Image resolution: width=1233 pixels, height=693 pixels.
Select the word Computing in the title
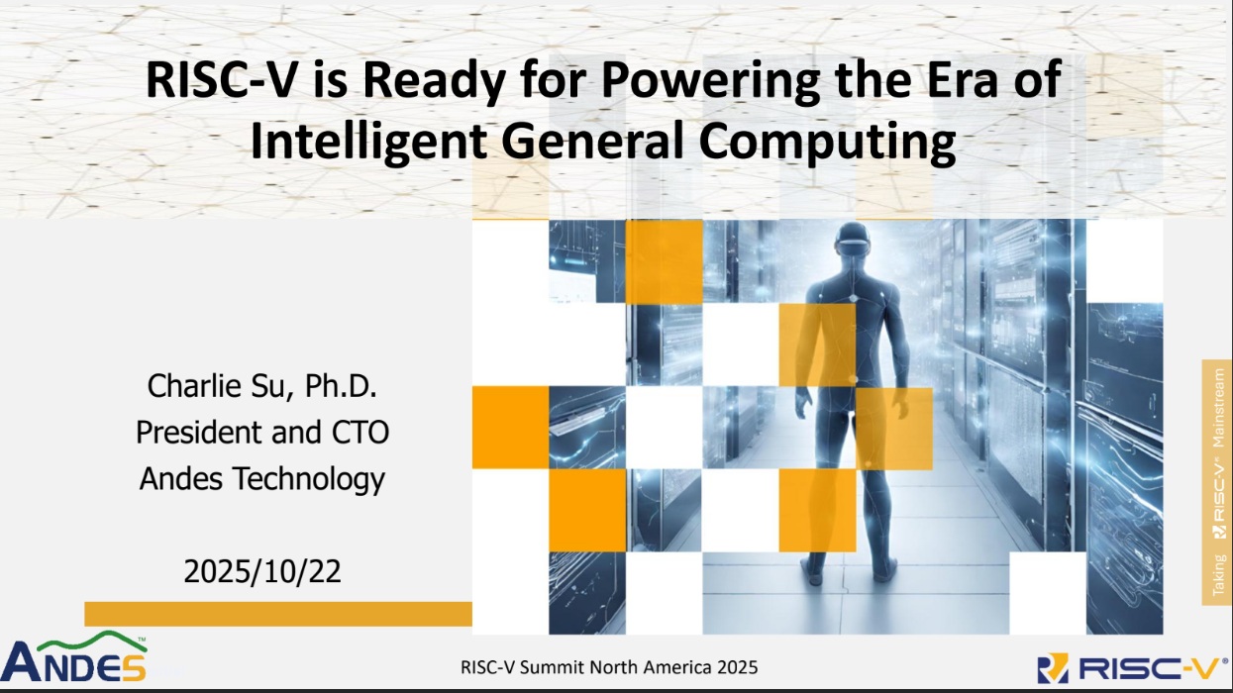[x=827, y=142]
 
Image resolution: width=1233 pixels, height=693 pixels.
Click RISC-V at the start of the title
[x=221, y=80]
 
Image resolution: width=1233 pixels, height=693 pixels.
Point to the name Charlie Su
[x=217, y=386]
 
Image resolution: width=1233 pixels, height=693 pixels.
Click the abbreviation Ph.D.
[x=341, y=385]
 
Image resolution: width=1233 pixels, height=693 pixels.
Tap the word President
[x=200, y=432]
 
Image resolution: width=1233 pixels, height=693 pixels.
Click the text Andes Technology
[x=262, y=479]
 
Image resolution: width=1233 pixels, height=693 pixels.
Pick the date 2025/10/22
[x=262, y=571]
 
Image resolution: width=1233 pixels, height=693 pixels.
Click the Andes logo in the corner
[x=73, y=657]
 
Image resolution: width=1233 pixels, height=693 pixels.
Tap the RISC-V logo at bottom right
[x=1132, y=668]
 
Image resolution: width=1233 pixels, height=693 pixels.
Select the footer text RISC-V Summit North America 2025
[x=609, y=667]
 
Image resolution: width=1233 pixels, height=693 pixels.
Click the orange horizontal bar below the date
[x=278, y=614]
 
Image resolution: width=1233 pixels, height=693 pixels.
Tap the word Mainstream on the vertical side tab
[x=1218, y=408]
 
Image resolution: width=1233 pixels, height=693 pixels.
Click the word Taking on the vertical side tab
[x=1219, y=574]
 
